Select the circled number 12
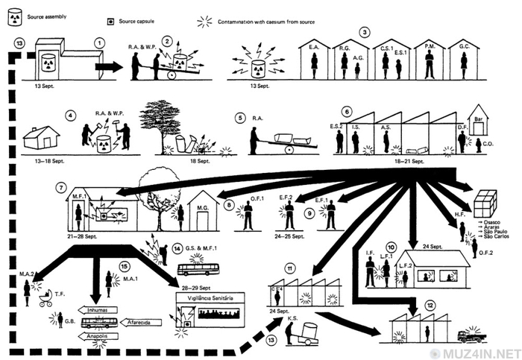point(430,305)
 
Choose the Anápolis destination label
point(92,335)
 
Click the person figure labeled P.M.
point(430,68)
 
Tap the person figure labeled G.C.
point(464,68)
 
